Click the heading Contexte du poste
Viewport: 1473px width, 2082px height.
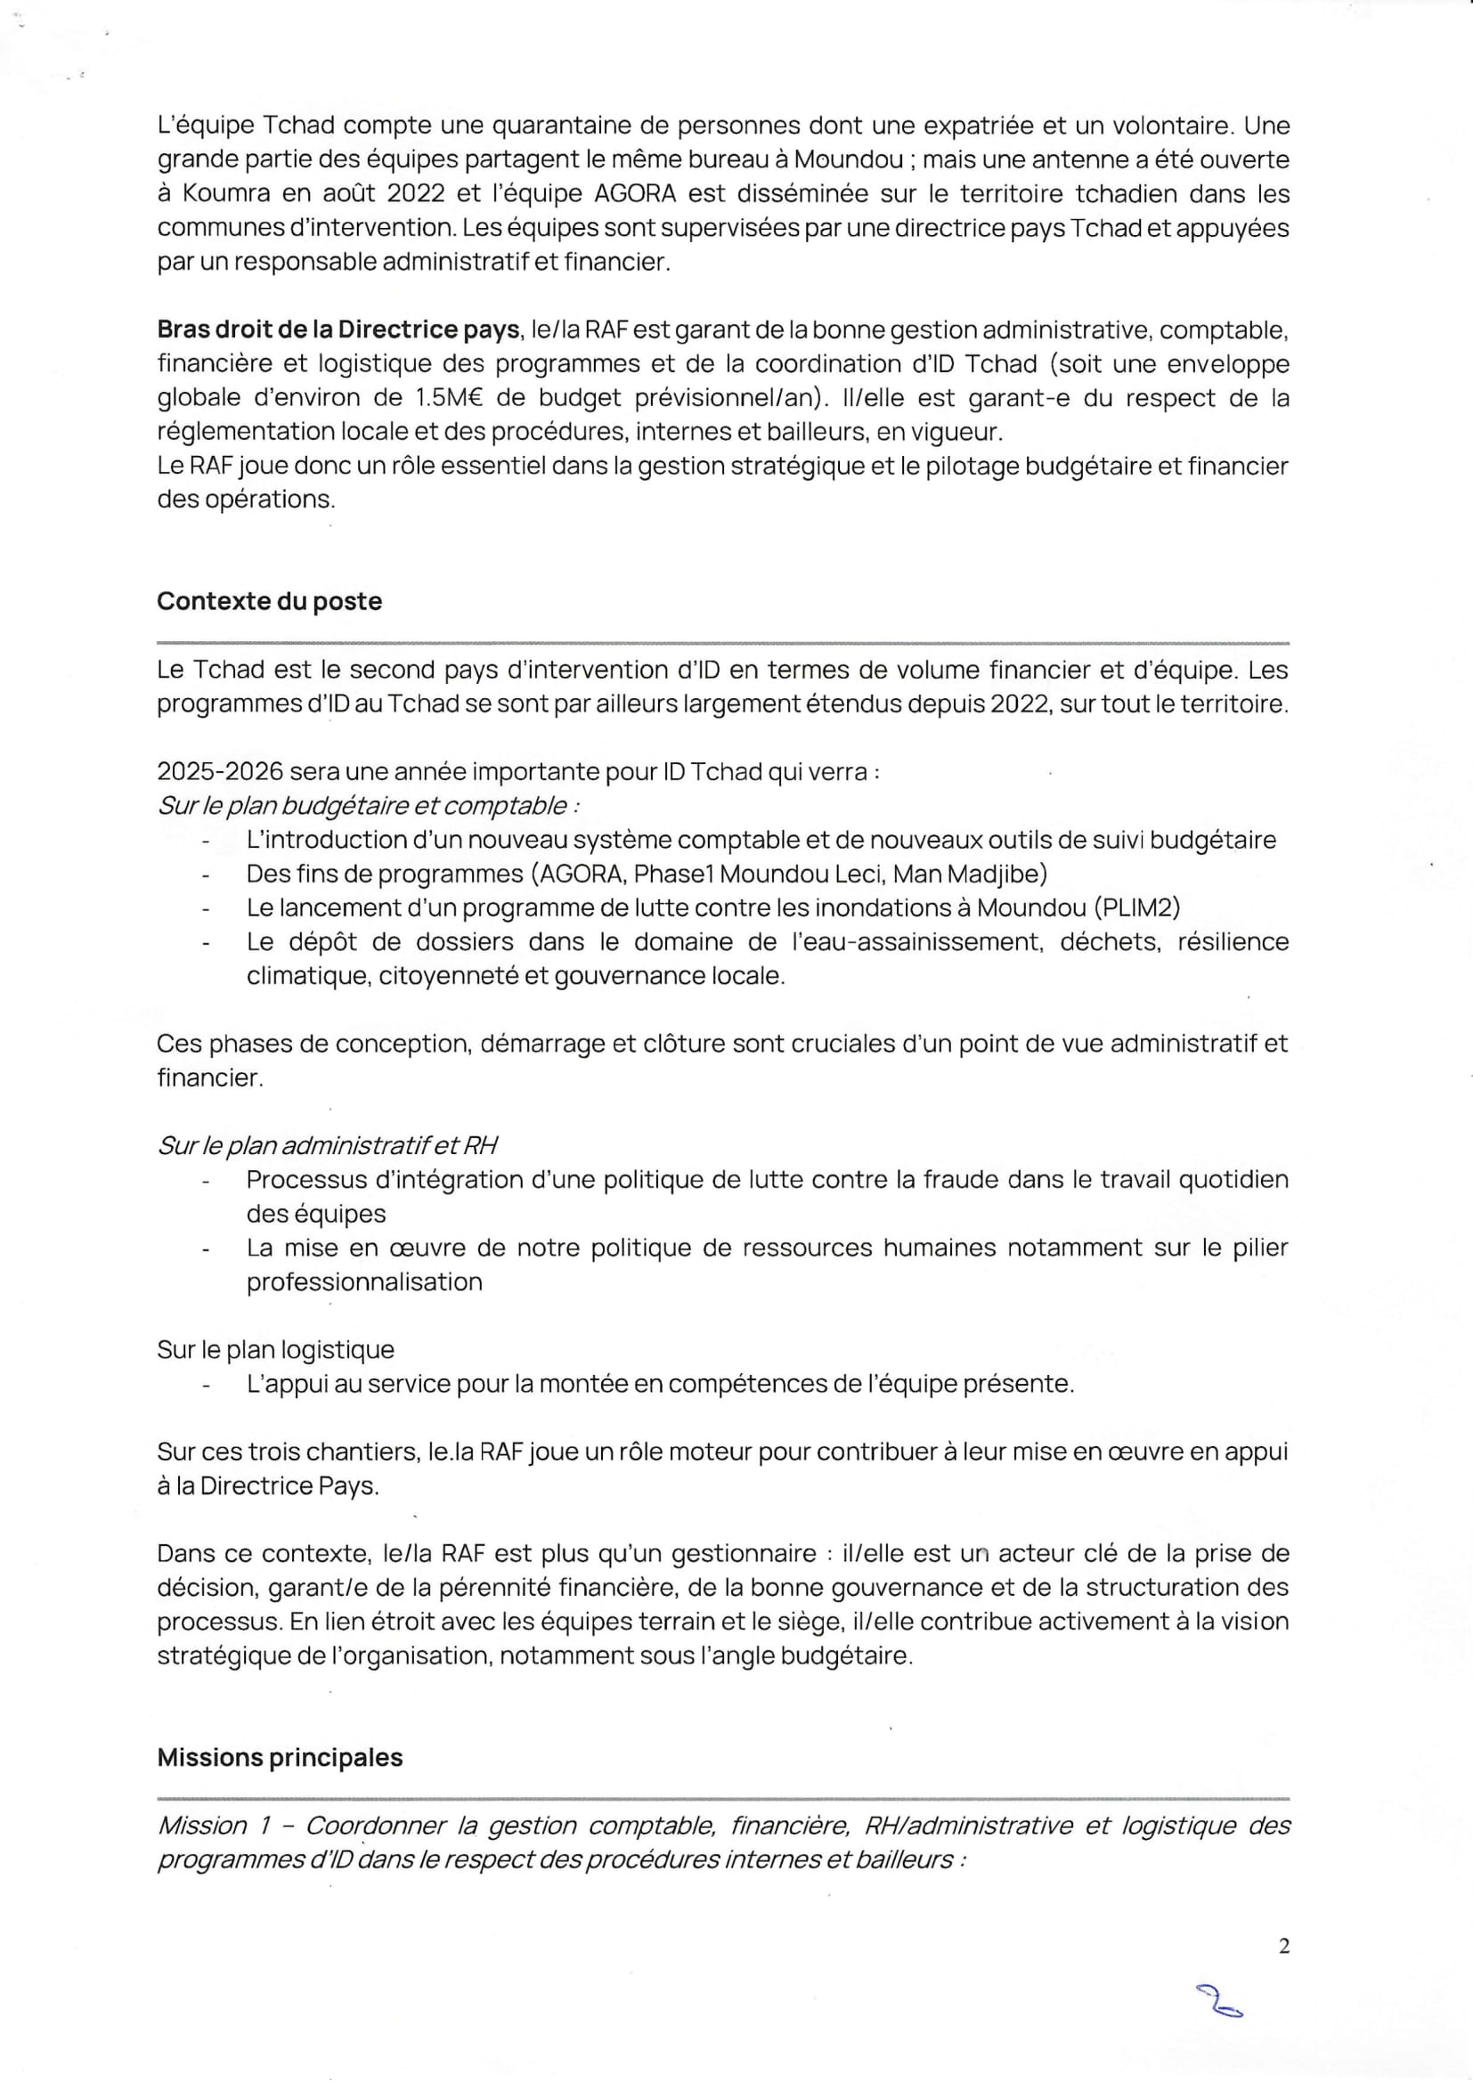point(269,601)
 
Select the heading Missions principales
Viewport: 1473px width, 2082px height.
point(280,1757)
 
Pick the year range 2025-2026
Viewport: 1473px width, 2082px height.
point(219,772)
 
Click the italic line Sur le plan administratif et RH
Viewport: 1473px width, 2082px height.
point(328,1146)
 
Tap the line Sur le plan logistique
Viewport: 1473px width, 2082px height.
point(276,1350)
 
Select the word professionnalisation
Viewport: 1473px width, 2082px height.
point(364,1282)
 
